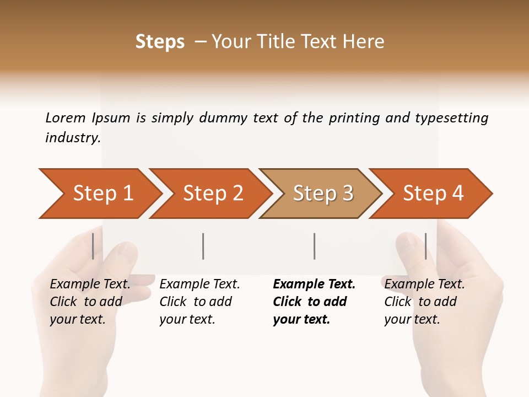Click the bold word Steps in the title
click(160, 42)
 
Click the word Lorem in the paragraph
click(66, 118)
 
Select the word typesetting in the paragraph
click(451, 118)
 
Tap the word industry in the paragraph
click(72, 138)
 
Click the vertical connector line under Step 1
click(93, 246)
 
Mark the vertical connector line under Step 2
click(203, 246)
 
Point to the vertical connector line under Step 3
click(314, 246)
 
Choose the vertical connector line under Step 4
click(425, 246)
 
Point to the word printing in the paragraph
click(354, 118)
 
